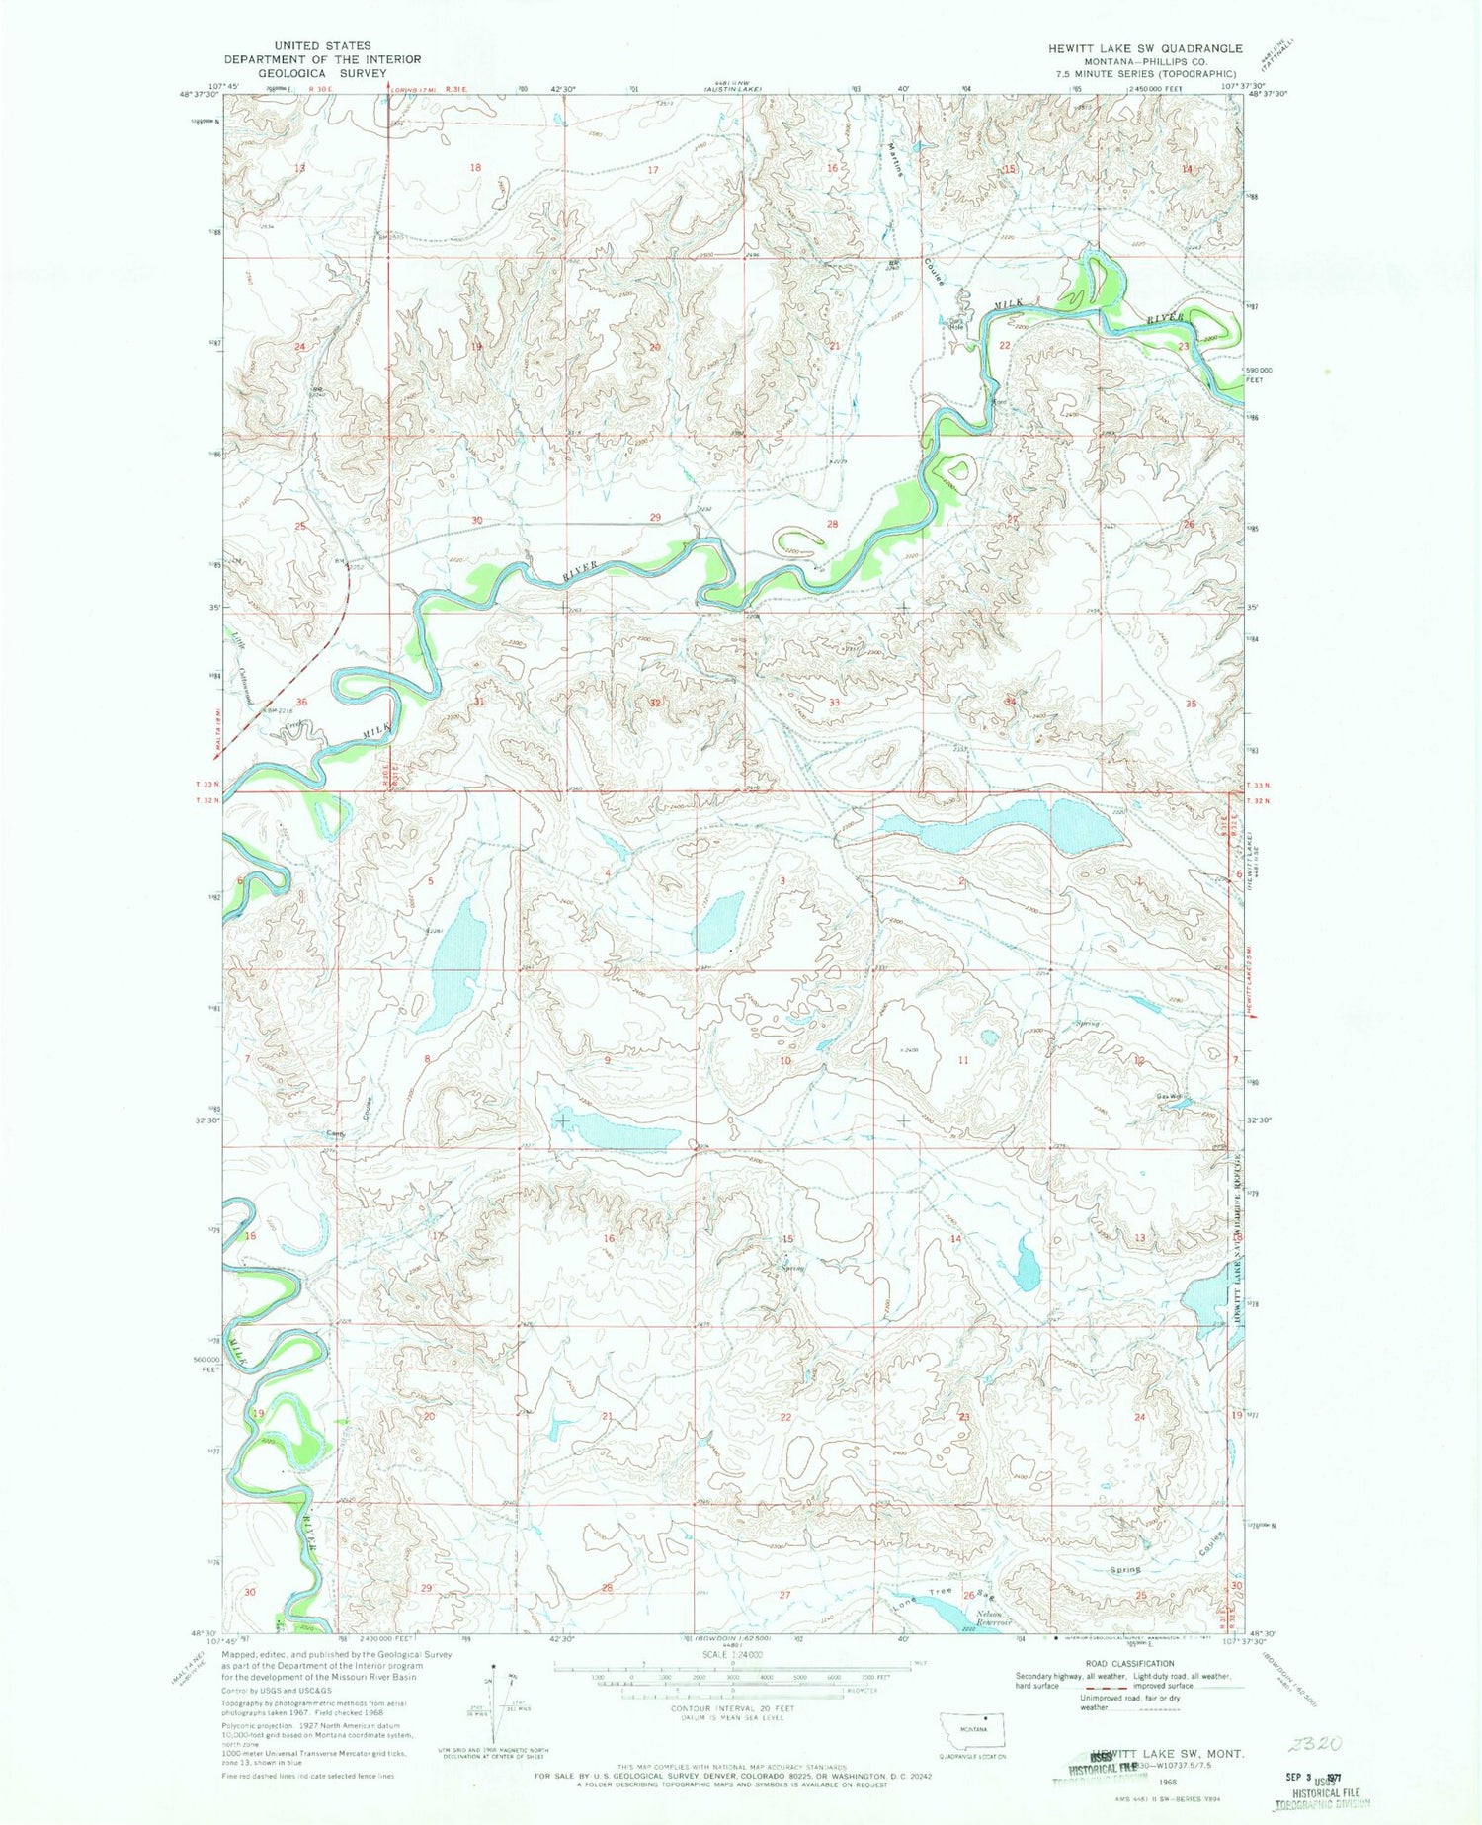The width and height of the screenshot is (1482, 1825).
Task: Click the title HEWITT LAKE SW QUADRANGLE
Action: tap(1145, 47)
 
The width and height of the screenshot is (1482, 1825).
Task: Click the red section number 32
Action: tap(655, 703)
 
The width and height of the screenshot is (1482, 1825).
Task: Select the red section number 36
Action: tap(301, 702)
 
